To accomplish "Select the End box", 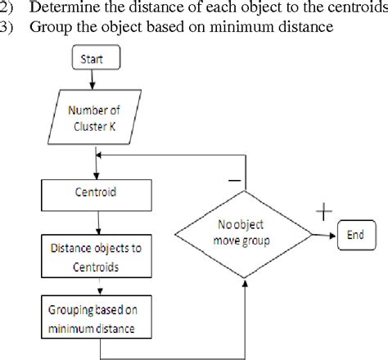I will (x=354, y=234).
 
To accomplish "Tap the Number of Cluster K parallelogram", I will (x=99, y=120).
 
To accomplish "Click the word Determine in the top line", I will (x=62, y=8).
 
